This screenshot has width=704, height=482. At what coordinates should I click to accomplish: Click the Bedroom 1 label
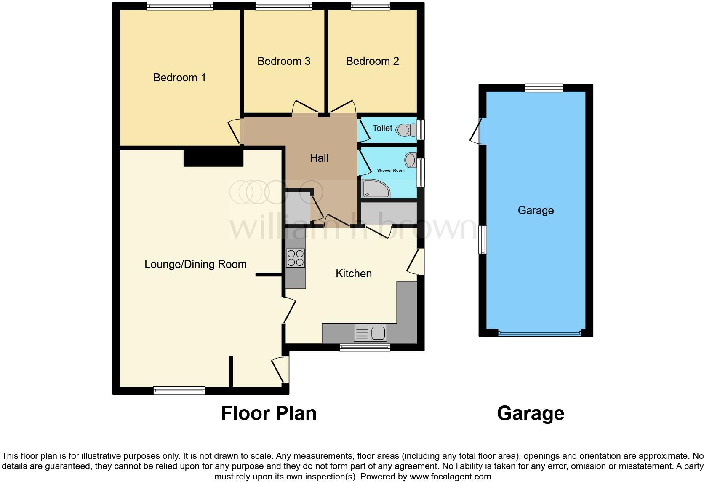tap(179, 78)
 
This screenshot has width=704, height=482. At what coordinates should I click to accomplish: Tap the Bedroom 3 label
tap(284, 61)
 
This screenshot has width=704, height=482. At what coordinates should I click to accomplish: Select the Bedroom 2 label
tap(372, 61)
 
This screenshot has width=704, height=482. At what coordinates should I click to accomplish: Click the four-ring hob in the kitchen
tap(295, 258)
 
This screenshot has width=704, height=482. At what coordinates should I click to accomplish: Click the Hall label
tap(319, 158)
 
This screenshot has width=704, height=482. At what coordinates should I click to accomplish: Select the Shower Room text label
tap(390, 171)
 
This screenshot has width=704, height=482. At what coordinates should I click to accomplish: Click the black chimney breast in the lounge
tap(213, 158)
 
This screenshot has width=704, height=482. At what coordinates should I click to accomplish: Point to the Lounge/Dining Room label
tap(195, 264)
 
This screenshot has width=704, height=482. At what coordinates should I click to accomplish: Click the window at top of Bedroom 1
tap(180, 6)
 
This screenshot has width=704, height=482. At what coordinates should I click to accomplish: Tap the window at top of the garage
tap(544, 88)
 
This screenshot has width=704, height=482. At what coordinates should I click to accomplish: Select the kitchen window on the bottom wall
tap(365, 348)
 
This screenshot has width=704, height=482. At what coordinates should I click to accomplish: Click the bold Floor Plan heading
tap(269, 413)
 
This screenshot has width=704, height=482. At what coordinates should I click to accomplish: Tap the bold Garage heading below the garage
tap(530, 413)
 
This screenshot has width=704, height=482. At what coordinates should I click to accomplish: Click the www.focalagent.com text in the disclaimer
tap(450, 477)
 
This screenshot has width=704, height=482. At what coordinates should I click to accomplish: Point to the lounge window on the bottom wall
tap(179, 391)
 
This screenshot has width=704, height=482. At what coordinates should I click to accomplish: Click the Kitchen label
tap(353, 273)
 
